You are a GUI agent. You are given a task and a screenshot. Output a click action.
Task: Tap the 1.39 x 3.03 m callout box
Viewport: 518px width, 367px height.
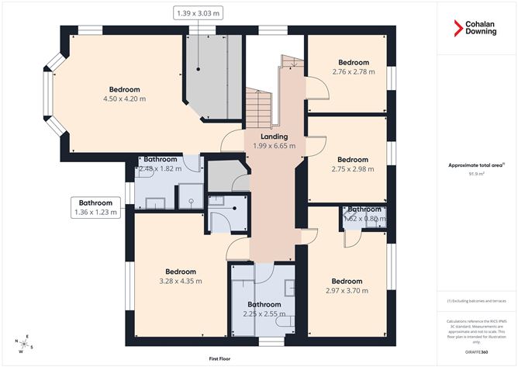199,12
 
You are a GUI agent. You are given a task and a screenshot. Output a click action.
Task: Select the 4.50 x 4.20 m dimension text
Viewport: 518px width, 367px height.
124,99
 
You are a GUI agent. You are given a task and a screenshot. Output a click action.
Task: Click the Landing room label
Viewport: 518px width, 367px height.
274,137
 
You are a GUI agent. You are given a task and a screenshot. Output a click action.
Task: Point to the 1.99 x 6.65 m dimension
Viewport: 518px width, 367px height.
274,146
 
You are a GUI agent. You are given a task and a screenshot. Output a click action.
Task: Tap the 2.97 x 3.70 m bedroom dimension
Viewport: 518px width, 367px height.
347,291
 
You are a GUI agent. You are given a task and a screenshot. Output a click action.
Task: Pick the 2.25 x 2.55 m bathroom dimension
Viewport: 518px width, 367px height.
263,314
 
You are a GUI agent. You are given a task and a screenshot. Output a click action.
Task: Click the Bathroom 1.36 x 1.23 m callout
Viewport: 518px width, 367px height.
95,207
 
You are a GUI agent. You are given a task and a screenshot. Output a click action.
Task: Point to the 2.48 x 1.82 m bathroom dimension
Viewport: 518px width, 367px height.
157,168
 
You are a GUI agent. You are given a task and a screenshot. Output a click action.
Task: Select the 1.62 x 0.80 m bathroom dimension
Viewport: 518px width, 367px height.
364,219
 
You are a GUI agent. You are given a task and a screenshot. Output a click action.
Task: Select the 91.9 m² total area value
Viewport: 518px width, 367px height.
476,174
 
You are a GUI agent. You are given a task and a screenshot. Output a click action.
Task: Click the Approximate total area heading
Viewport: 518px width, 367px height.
475,164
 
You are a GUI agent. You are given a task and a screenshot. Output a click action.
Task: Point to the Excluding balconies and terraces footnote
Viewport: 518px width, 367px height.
476,301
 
